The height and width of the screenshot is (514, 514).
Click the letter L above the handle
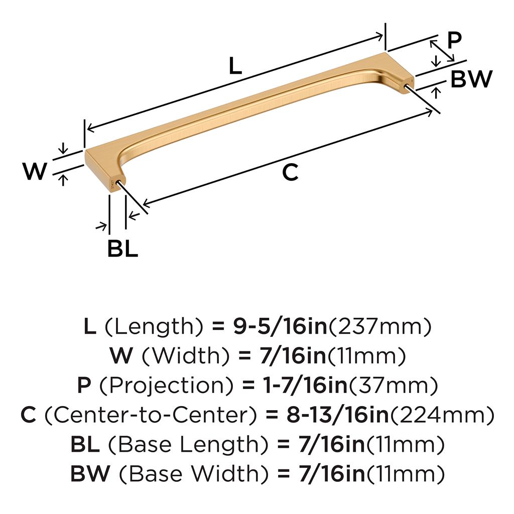[235, 66]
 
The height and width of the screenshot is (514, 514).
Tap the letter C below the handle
[290, 172]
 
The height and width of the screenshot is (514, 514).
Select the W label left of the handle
[35, 171]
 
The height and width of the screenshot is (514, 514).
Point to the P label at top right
[454, 40]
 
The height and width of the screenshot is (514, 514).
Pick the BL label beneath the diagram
[122, 248]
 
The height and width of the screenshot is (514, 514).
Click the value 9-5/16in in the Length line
[280, 326]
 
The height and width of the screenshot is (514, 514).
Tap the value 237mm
[379, 326]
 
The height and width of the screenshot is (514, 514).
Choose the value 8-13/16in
[338, 415]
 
